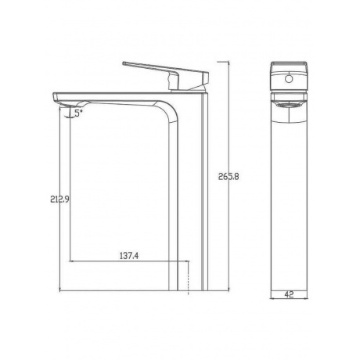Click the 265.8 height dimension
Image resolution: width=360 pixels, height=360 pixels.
229,177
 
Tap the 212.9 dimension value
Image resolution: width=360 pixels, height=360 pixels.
59,200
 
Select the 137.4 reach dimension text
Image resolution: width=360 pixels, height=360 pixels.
129,256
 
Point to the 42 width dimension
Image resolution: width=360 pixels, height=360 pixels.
289,294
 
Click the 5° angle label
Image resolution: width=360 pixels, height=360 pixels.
78,113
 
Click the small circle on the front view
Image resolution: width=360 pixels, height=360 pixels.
289,78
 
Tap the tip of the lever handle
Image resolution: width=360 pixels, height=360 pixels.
124,63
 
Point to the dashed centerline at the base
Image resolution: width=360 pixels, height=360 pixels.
188,278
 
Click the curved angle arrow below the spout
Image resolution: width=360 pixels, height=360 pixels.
70,115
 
